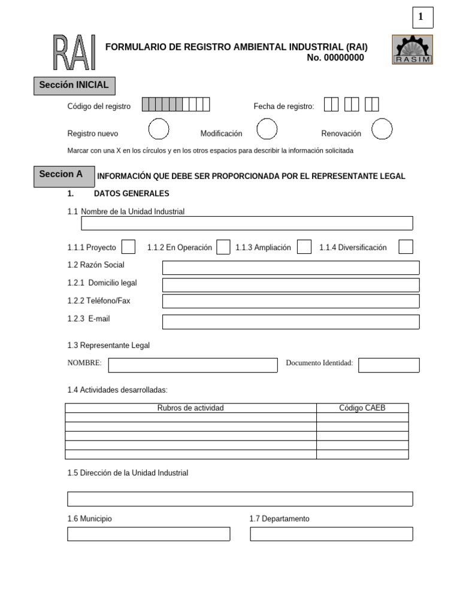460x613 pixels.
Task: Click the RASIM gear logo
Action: tap(412, 49)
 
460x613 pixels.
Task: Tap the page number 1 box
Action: tap(422, 18)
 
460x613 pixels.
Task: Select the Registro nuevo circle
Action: tap(159, 129)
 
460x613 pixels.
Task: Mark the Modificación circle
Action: tap(267, 129)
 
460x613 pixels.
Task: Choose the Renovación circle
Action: tap(382, 129)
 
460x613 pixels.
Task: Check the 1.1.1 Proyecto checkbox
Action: tap(128, 247)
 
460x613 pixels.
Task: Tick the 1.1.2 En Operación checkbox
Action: tap(223, 247)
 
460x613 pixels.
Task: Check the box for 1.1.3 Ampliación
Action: tap(304, 247)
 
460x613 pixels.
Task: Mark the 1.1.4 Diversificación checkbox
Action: tap(405, 247)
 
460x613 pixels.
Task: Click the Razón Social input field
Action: tap(290, 268)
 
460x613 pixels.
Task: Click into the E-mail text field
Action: tap(290, 322)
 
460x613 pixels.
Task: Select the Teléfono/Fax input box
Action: tap(290, 301)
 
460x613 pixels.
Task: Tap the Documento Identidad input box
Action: tap(389, 365)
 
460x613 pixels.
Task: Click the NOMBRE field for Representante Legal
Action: tap(192, 365)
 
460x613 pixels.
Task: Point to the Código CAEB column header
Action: tap(362, 408)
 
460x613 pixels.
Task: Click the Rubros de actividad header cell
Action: tap(190, 408)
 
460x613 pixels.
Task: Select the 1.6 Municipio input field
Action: tap(149, 534)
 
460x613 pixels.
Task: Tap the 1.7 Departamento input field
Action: tap(331, 534)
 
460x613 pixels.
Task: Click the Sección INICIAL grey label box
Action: tap(74, 86)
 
